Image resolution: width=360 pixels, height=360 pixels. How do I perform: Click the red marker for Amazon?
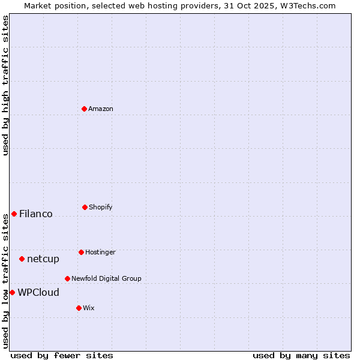tap(84, 109)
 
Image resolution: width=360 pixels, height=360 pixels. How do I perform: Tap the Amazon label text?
tap(101, 109)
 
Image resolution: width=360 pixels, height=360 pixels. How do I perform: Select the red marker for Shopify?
tap(85, 207)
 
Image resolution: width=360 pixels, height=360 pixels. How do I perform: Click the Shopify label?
tap(100, 207)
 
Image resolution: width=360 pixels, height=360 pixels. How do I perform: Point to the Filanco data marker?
tap(14, 214)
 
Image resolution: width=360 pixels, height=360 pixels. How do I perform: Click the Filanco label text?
tap(36, 214)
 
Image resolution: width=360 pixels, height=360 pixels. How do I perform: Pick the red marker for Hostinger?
tap(81, 252)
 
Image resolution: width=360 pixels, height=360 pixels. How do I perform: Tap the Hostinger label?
tap(100, 252)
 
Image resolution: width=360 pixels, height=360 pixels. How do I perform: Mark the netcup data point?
tap(22, 259)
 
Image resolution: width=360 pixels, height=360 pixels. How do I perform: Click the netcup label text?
tap(43, 259)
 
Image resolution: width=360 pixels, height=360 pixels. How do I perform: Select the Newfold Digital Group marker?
tap(67, 278)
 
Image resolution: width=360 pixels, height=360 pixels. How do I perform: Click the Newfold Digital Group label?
tap(106, 278)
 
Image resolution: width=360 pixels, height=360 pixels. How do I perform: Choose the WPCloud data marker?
tap(12, 292)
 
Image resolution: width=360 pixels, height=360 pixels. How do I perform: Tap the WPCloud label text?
tap(38, 292)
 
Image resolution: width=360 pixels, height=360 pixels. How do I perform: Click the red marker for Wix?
tap(79, 308)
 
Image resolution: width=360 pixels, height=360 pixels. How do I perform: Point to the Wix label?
tap(89, 308)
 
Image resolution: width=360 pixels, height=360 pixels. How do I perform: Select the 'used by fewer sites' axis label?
tap(62, 355)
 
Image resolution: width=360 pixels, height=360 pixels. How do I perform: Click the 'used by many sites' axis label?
tap(301, 355)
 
